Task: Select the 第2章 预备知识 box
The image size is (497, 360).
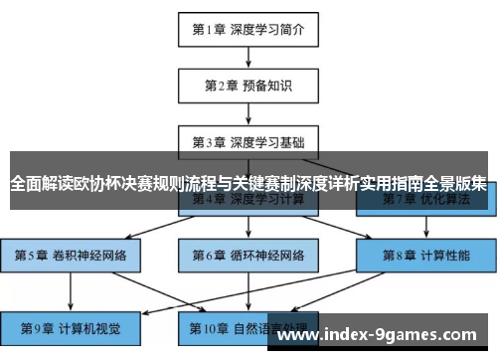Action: [248, 86]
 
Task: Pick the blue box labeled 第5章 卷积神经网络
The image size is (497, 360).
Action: [71, 255]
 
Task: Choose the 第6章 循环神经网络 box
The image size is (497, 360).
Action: [248, 255]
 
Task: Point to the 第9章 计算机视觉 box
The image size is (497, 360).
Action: [71, 327]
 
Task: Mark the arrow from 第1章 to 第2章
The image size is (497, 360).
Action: [248, 57]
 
